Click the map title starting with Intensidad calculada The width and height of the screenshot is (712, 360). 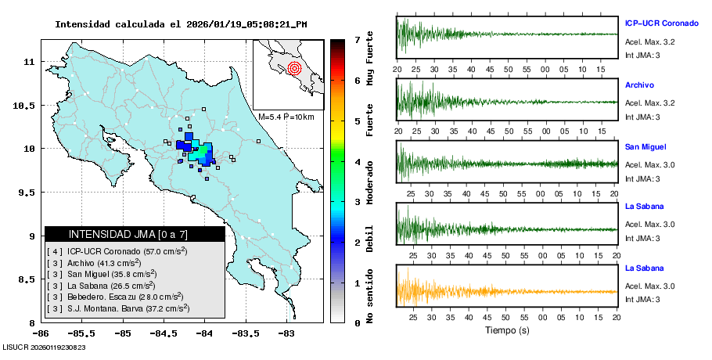[181, 24]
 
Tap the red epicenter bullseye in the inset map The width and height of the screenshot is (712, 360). [294, 68]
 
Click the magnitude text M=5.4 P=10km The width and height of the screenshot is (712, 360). [286, 117]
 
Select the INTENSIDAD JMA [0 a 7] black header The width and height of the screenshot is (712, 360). [135, 234]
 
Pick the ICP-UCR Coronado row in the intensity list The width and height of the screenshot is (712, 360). [117, 251]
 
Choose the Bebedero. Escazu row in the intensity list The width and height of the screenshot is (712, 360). [115, 297]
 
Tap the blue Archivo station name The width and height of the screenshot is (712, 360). [639, 85]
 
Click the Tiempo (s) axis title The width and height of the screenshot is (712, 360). [507, 329]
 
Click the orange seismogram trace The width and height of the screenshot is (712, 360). [469, 291]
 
